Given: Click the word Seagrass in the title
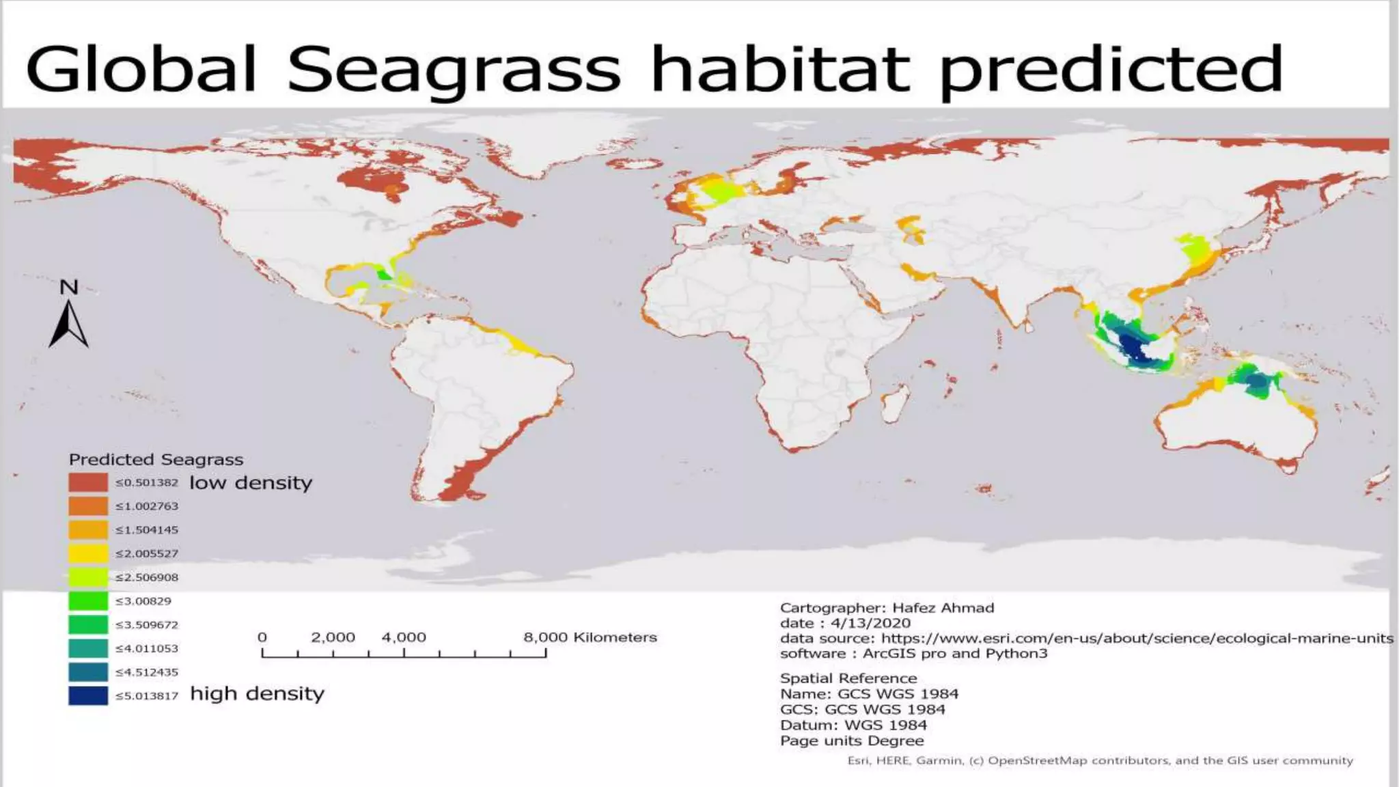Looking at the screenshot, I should (x=454, y=70).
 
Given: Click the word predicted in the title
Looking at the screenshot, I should (x=1111, y=70).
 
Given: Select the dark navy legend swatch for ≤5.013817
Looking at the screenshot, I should (x=88, y=695).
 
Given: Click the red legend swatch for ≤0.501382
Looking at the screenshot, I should (x=88, y=482).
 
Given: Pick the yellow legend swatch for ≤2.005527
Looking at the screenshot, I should (x=88, y=553).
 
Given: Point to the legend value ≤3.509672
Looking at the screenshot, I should (x=147, y=625).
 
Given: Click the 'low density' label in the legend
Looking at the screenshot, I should (x=250, y=483).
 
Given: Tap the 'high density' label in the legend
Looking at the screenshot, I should (x=257, y=694).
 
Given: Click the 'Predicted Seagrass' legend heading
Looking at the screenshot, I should (x=156, y=460).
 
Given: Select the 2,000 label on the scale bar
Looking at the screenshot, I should (x=333, y=637).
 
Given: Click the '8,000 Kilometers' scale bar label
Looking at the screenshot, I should (x=590, y=637).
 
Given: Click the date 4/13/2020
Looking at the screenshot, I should (x=870, y=623).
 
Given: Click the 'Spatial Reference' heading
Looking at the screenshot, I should (x=848, y=678).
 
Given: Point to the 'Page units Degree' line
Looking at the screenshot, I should (x=852, y=741).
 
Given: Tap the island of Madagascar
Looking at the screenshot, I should (x=896, y=404).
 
